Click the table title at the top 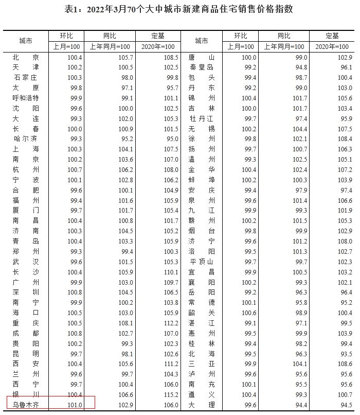(179, 9)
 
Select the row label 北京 (26, 57)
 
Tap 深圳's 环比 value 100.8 (75, 292)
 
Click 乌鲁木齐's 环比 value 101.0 (75, 405)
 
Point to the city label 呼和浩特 (26, 98)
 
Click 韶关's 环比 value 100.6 (249, 313)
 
